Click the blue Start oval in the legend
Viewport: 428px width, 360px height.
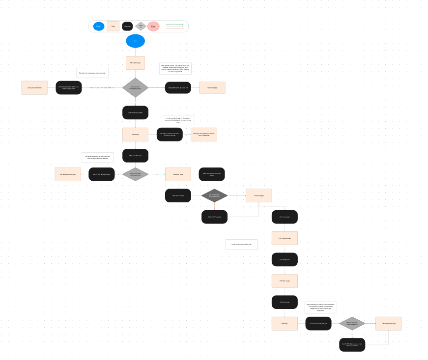pyautogui.click(x=99, y=26)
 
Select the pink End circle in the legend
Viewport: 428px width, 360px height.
pyautogui.click(x=153, y=26)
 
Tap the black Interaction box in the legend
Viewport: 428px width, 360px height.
pyautogui.click(x=127, y=26)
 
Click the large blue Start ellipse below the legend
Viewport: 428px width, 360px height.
pyautogui.click(x=135, y=41)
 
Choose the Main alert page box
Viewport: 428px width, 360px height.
pyautogui.click(x=135, y=63)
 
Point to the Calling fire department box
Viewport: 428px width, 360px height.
pyautogui.click(x=34, y=87)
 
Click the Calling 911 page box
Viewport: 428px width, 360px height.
pyautogui.click(x=212, y=87)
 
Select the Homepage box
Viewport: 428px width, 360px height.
pyautogui.click(x=135, y=134)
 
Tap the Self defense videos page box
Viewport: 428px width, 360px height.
pyautogui.click(x=68, y=174)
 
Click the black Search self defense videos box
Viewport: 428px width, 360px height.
pyautogui.click(x=102, y=174)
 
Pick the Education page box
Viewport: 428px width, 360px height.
pyautogui.click(x=177, y=174)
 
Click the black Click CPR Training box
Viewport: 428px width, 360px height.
pyautogui.click(x=177, y=195)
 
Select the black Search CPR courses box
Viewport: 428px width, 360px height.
pyautogui.click(x=214, y=217)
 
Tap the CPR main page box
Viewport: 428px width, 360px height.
pyautogui.click(x=258, y=195)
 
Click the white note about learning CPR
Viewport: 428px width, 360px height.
pyautogui.click(x=241, y=244)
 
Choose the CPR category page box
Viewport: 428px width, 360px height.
pyautogui.click(x=285, y=238)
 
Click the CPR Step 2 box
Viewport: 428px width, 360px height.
pyautogui.click(x=285, y=323)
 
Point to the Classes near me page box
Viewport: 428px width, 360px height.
pyautogui.click(x=388, y=323)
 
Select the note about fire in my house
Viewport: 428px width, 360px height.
pyautogui.click(x=92, y=73)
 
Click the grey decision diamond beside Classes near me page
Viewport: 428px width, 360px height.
pyautogui.click(x=352, y=323)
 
